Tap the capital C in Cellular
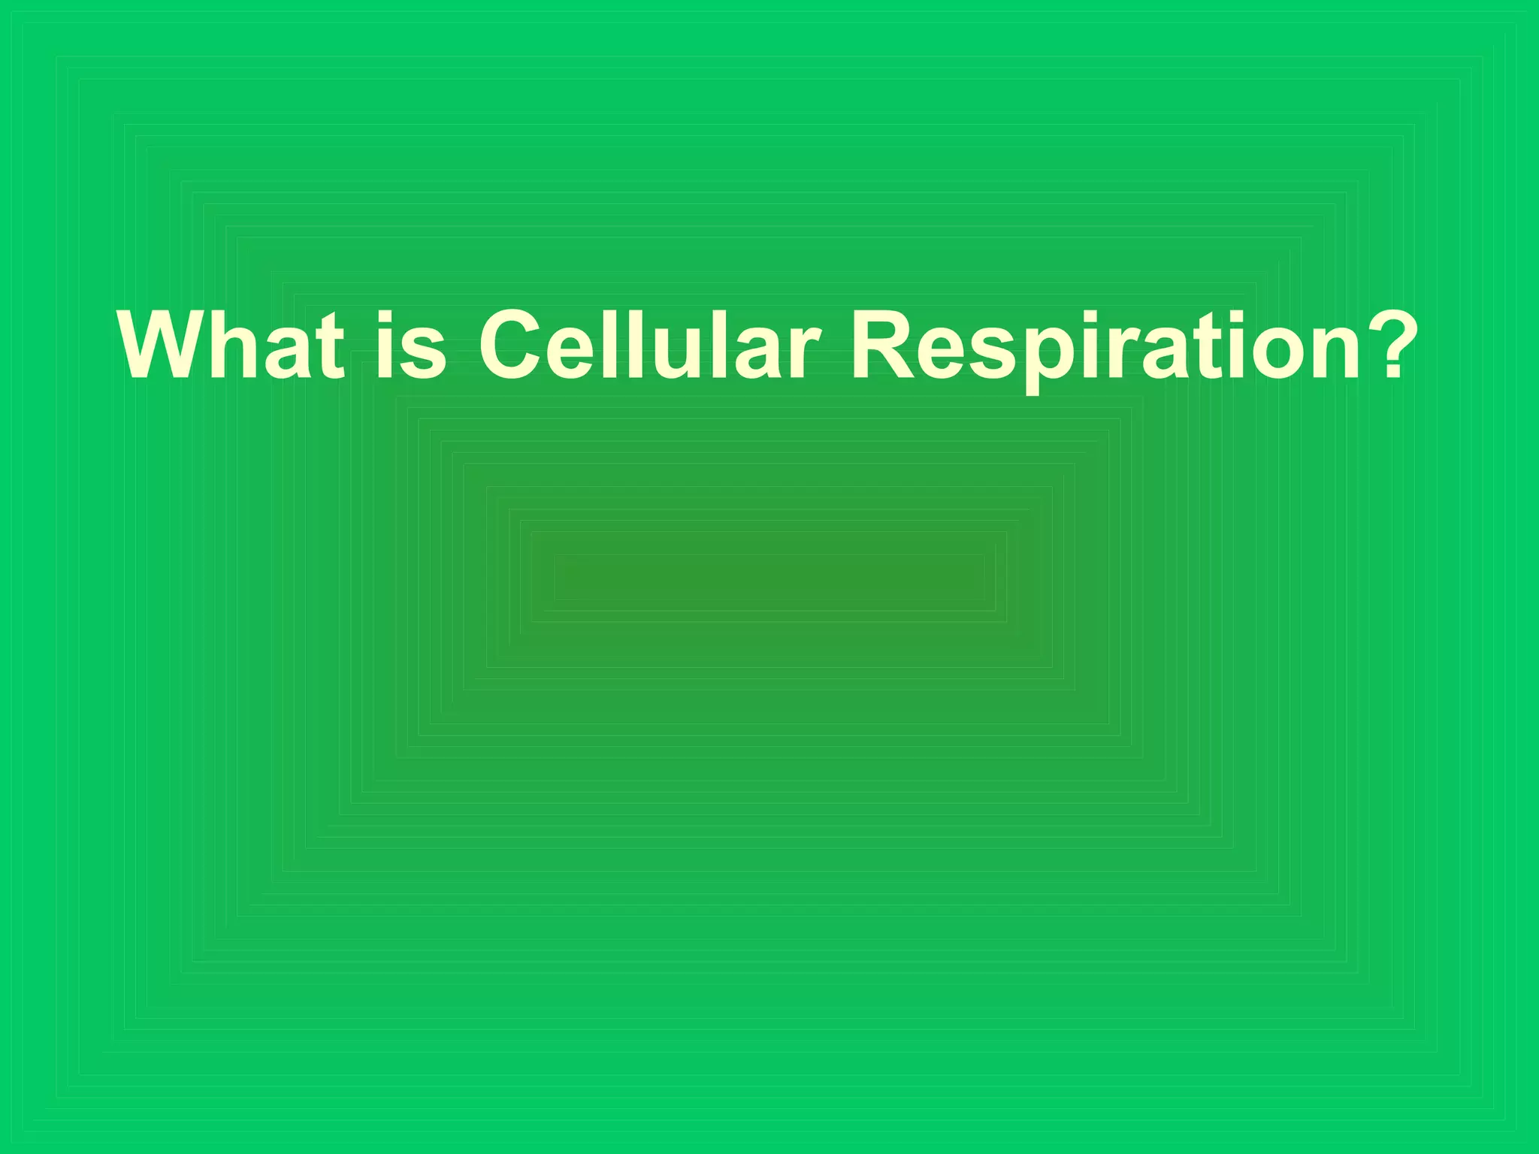(517, 346)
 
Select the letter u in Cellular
(680, 353)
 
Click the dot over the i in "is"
(385, 315)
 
